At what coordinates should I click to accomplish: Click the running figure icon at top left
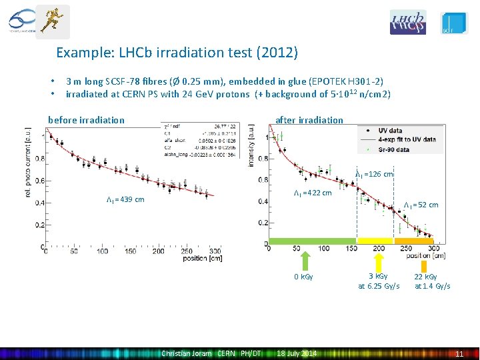pos(52,19)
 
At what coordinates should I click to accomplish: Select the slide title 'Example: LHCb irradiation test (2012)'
pos(177,52)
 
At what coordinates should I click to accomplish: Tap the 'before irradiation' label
pos(86,120)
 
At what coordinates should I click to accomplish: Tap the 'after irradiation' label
pos(309,120)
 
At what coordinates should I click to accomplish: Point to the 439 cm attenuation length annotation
pos(125,199)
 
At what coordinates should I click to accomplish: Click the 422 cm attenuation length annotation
pos(313,193)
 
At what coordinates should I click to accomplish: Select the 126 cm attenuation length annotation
pos(374,174)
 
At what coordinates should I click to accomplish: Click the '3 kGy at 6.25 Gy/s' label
pos(379,281)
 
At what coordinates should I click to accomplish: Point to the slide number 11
pos(459,354)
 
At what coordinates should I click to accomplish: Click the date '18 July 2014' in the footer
pos(297,353)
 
